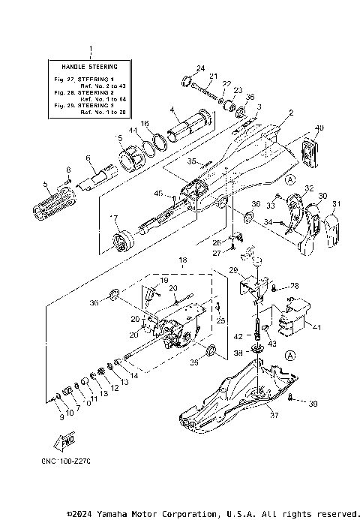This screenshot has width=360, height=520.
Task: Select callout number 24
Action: (200, 69)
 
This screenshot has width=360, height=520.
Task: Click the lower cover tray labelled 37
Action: (225, 401)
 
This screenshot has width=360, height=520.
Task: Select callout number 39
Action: (313, 404)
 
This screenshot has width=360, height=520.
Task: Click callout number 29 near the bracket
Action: (232, 269)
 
